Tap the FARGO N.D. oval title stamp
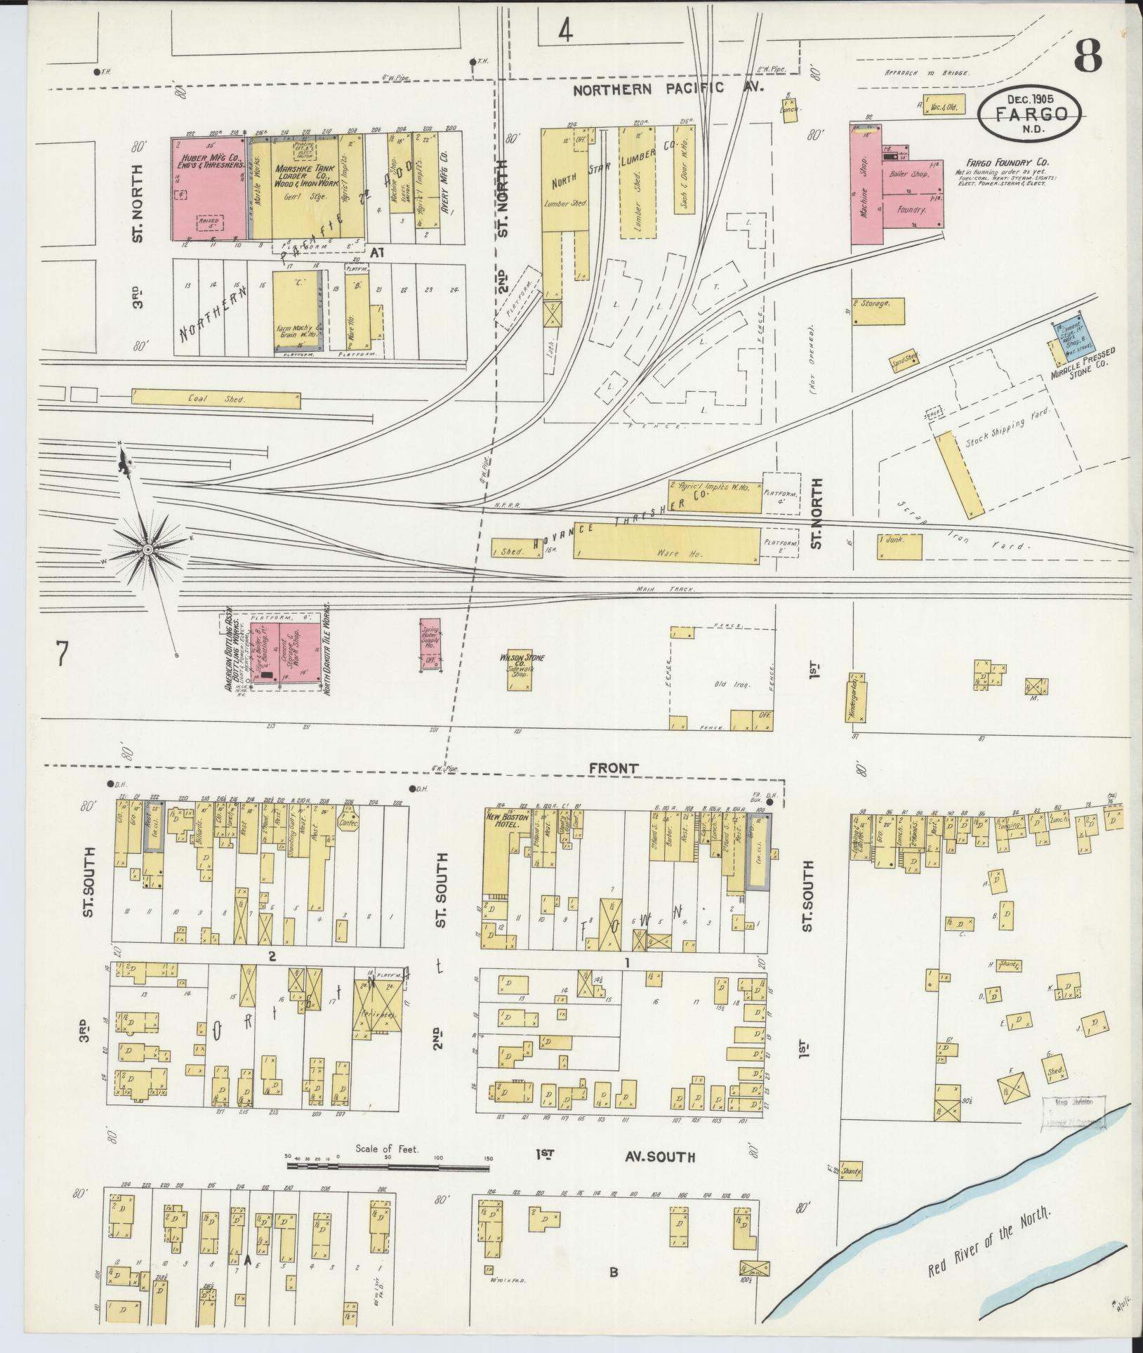(x=1032, y=113)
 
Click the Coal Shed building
(x=216, y=398)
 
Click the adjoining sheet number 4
(x=567, y=32)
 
